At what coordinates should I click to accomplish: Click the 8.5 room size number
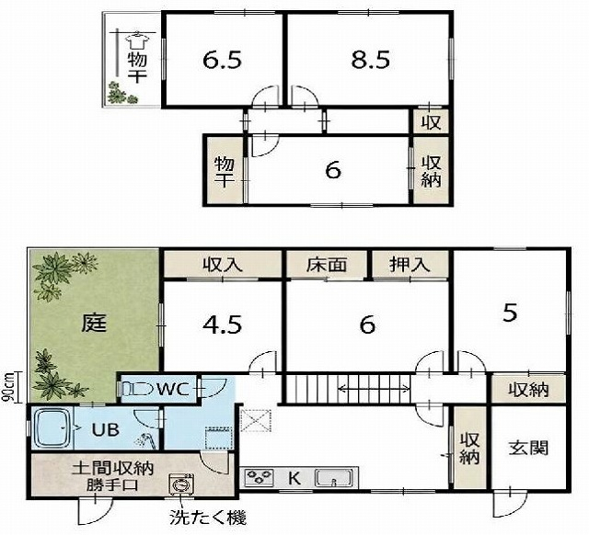[x=370, y=60]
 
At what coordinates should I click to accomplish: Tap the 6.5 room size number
[x=222, y=60]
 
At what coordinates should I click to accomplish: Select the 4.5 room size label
[x=222, y=324]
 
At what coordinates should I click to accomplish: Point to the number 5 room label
[x=510, y=313]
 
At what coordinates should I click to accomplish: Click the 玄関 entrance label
[x=528, y=448]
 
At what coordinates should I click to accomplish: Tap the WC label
[x=173, y=390]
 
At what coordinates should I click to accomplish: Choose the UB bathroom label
[x=106, y=429]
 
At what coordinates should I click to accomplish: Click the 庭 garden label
[x=94, y=323]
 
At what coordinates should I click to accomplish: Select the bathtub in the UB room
[x=52, y=428]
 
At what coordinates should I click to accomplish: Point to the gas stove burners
[x=260, y=478]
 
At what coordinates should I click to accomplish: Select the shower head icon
[x=145, y=440]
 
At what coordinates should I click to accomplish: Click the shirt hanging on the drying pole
[x=136, y=40]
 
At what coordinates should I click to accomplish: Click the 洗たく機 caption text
[x=208, y=518]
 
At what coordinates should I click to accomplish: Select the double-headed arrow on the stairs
[x=374, y=389]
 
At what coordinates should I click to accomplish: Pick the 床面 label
[x=326, y=266]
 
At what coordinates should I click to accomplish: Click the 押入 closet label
[x=410, y=266]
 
